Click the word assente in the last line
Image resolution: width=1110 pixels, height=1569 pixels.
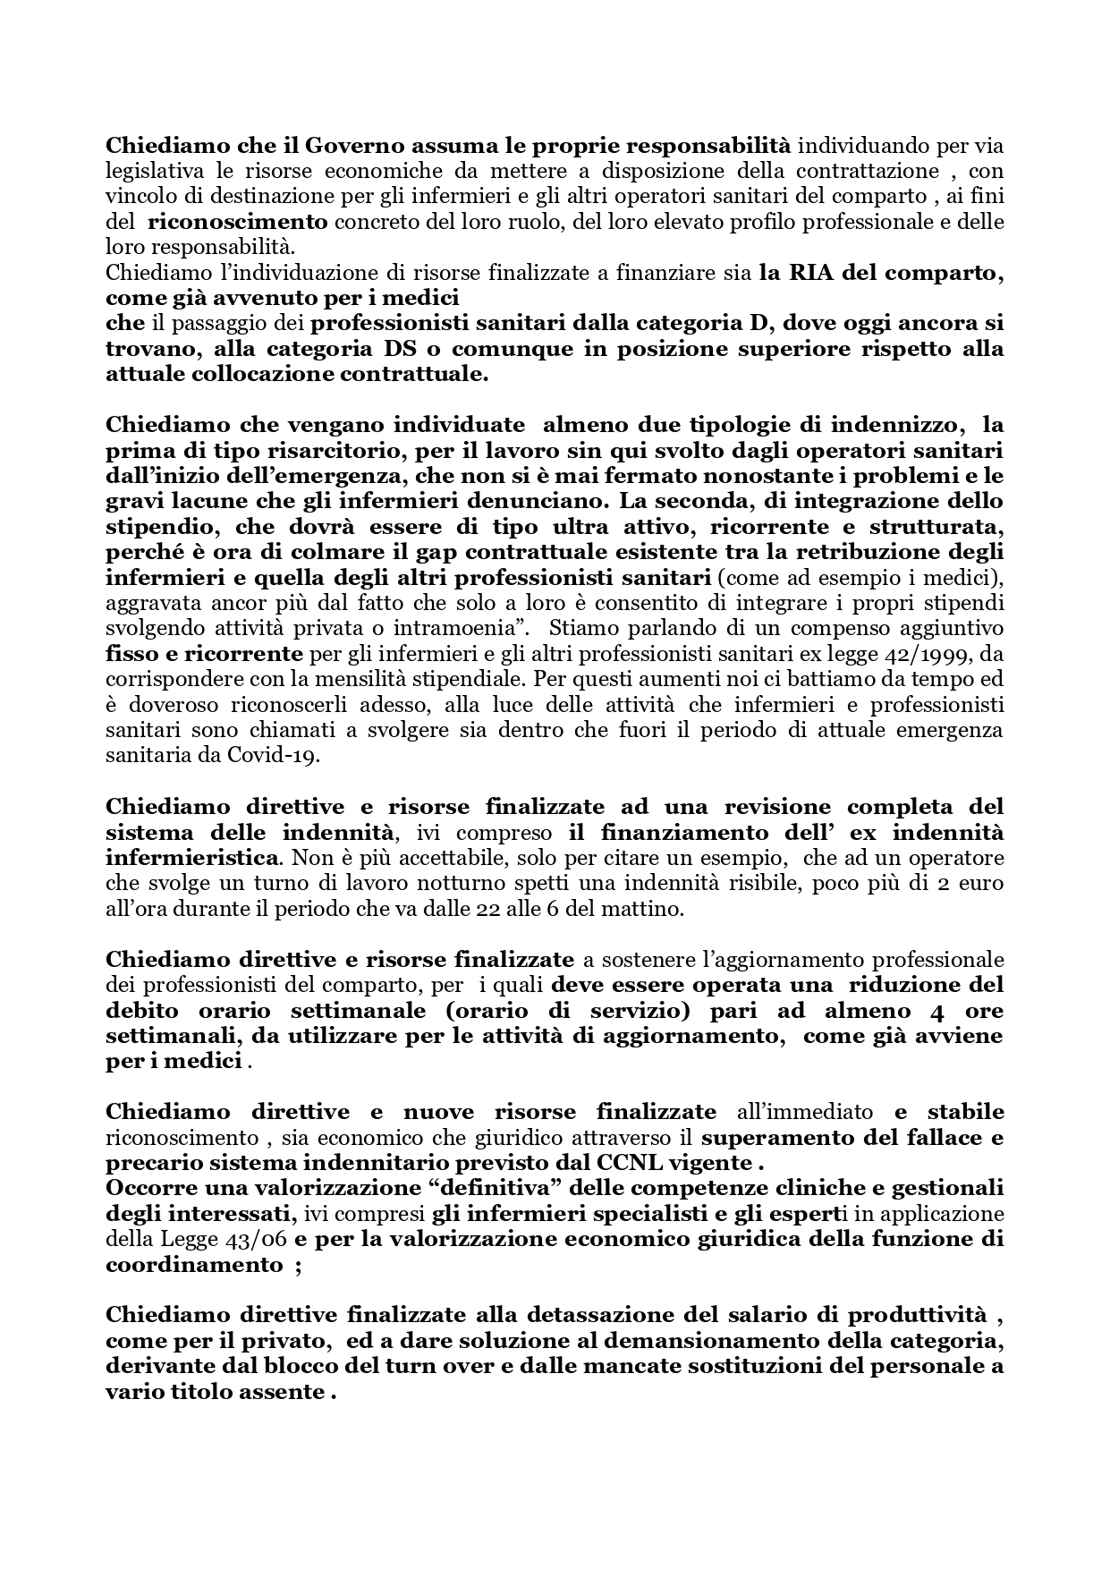coord(285,1392)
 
